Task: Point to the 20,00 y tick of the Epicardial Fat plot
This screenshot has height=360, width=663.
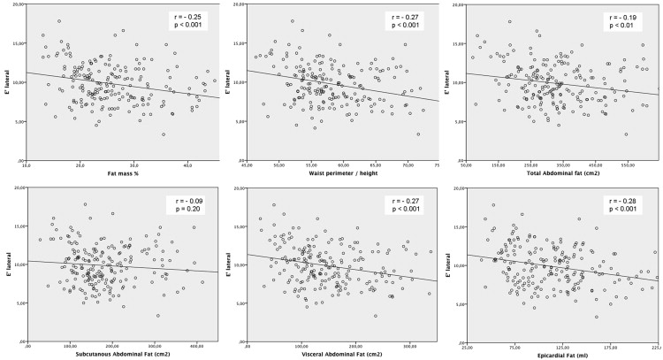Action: (456, 187)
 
